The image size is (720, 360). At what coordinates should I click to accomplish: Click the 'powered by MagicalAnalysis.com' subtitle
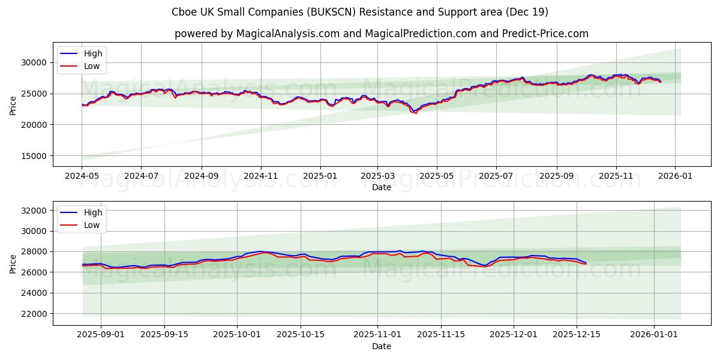pyautogui.click(x=382, y=34)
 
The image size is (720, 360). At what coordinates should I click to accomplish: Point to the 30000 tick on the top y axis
pyautogui.click(x=34, y=62)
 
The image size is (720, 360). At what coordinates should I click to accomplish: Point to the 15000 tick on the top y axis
pyautogui.click(x=34, y=156)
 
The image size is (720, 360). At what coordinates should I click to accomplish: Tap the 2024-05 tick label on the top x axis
pyautogui.click(x=82, y=176)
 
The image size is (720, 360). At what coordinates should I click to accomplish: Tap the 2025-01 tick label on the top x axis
pyautogui.click(x=320, y=176)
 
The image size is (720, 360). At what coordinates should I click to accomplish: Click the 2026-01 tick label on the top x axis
pyautogui.click(x=675, y=176)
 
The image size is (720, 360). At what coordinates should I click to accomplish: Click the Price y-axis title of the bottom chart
pyautogui.click(x=13, y=263)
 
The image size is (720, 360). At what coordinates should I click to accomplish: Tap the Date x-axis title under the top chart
pyautogui.click(x=382, y=187)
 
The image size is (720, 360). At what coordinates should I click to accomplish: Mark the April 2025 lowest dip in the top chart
pyautogui.click(x=415, y=113)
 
